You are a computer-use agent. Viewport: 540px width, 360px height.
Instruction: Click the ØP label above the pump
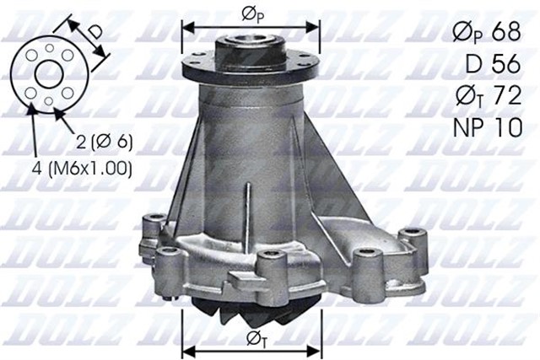[x=251, y=14]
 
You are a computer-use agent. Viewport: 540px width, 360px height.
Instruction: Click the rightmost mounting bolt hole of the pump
[x=411, y=234]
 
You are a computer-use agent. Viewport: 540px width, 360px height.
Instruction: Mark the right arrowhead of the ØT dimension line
[x=316, y=347]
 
